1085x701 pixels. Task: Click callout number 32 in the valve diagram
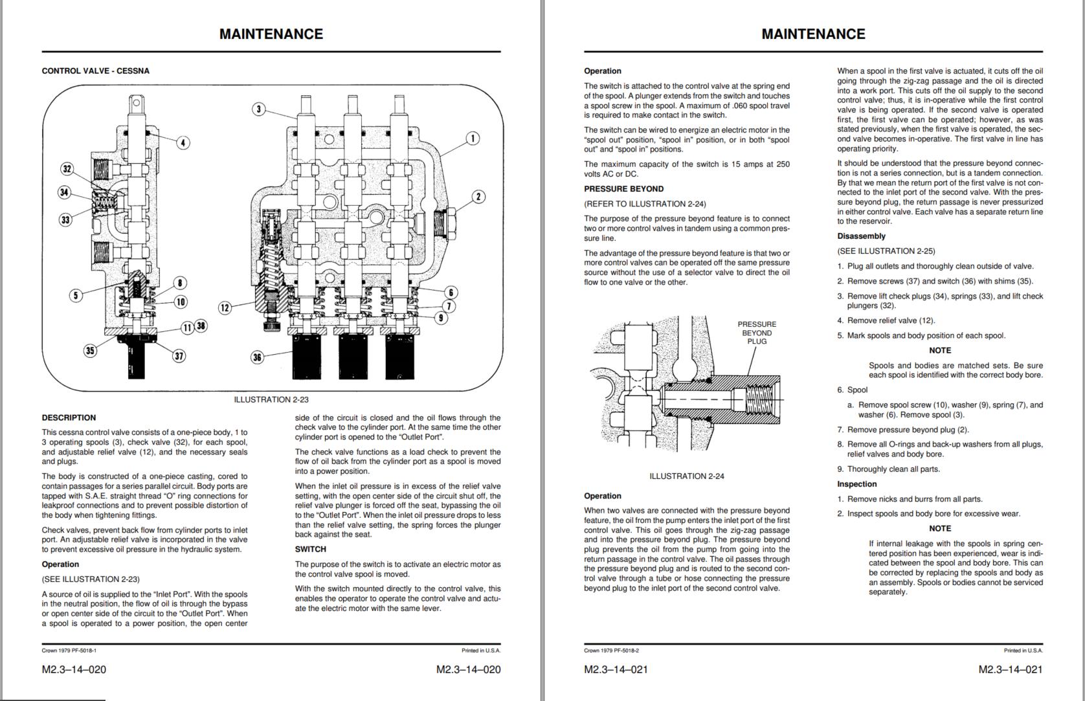point(67,169)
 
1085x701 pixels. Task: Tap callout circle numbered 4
point(183,142)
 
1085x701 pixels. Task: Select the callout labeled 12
point(225,307)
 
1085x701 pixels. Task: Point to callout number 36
point(258,357)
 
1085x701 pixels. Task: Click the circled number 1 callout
point(473,139)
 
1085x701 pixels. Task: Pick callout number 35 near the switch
point(90,350)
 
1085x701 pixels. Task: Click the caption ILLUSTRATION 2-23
point(271,399)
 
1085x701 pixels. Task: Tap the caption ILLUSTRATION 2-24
point(687,476)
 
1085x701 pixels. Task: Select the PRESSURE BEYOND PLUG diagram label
point(757,333)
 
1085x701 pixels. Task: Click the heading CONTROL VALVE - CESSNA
point(95,71)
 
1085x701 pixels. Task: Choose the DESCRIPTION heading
point(69,417)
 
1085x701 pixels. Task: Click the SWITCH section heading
point(311,549)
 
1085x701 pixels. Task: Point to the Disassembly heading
point(861,236)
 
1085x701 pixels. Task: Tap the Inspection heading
point(856,484)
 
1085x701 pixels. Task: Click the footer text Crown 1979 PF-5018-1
point(69,651)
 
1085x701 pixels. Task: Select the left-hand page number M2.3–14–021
point(616,669)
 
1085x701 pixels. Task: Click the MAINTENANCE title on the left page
point(271,34)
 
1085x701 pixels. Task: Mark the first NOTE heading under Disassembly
point(940,350)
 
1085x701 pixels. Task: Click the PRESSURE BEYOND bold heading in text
point(623,189)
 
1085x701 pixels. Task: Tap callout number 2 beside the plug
point(478,197)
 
